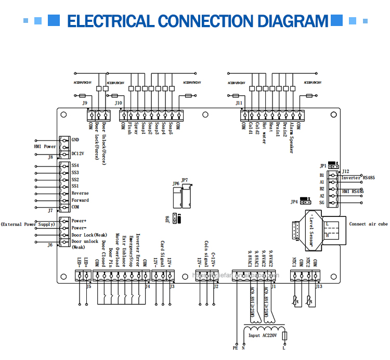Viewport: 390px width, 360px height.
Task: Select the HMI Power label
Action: [x=45, y=147]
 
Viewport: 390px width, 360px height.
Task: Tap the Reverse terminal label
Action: [x=80, y=193]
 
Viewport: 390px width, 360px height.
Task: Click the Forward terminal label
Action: [x=80, y=200]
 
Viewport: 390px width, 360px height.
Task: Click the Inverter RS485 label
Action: [x=358, y=178]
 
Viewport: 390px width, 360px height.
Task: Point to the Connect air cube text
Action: [x=368, y=224]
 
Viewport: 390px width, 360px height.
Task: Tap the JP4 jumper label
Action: [x=294, y=202]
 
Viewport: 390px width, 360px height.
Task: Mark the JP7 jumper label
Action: [x=185, y=180]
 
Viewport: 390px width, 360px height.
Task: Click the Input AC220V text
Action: [x=262, y=336]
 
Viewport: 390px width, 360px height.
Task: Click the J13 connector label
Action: [x=319, y=286]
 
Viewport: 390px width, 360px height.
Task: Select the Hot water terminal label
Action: [x=264, y=133]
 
